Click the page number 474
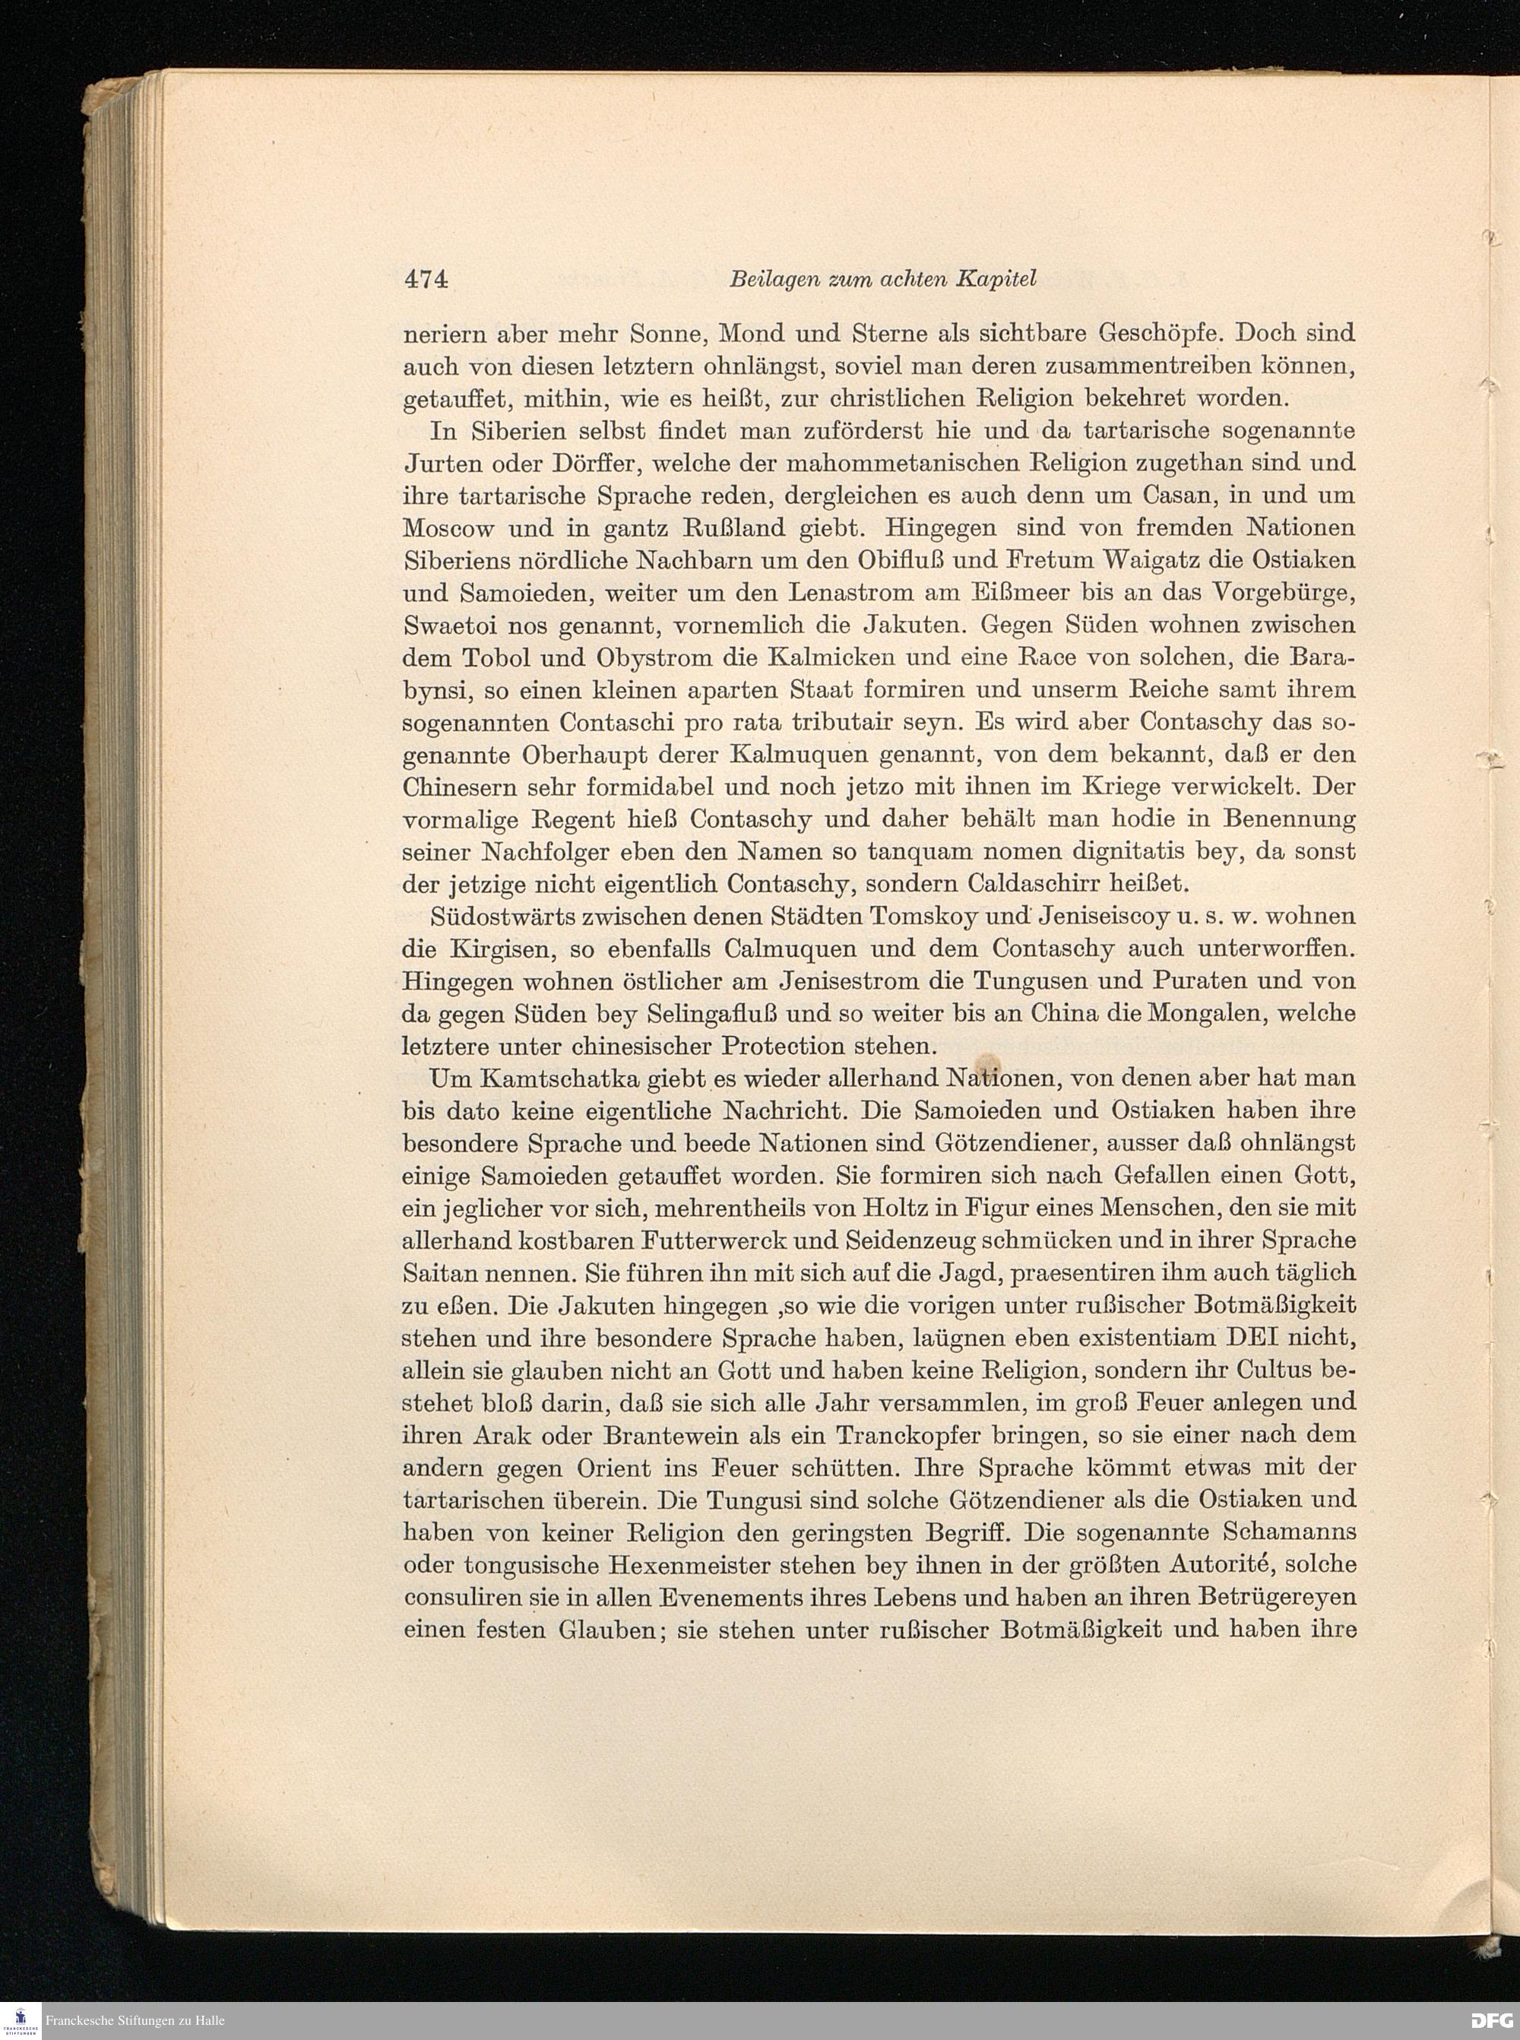425,279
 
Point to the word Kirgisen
499,949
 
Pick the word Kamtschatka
571,1079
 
